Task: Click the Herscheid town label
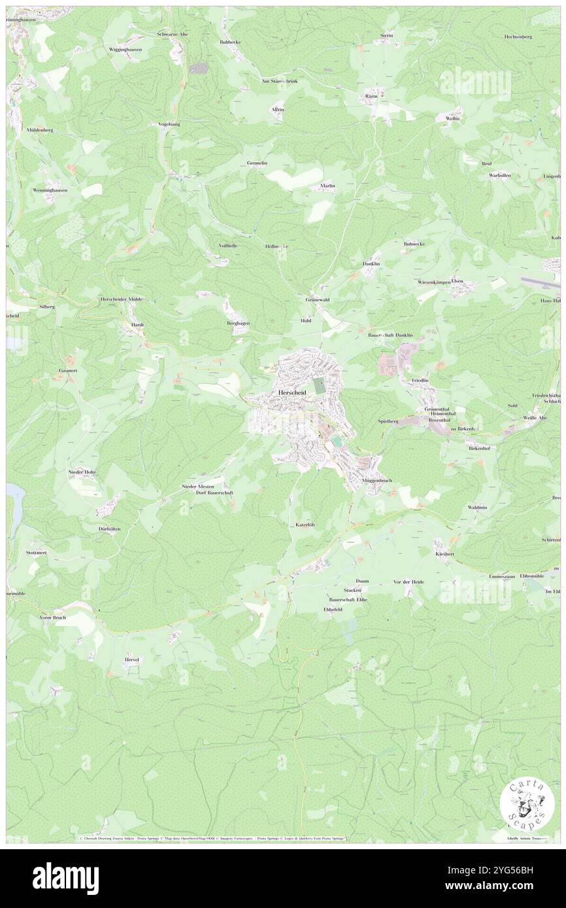point(292,392)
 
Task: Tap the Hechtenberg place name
point(518,37)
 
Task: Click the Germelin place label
point(257,163)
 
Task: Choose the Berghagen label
point(239,323)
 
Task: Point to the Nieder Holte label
point(83,471)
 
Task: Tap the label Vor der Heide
point(408,581)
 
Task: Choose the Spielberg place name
point(388,421)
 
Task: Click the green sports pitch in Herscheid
point(319,385)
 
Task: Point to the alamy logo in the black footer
point(66,877)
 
